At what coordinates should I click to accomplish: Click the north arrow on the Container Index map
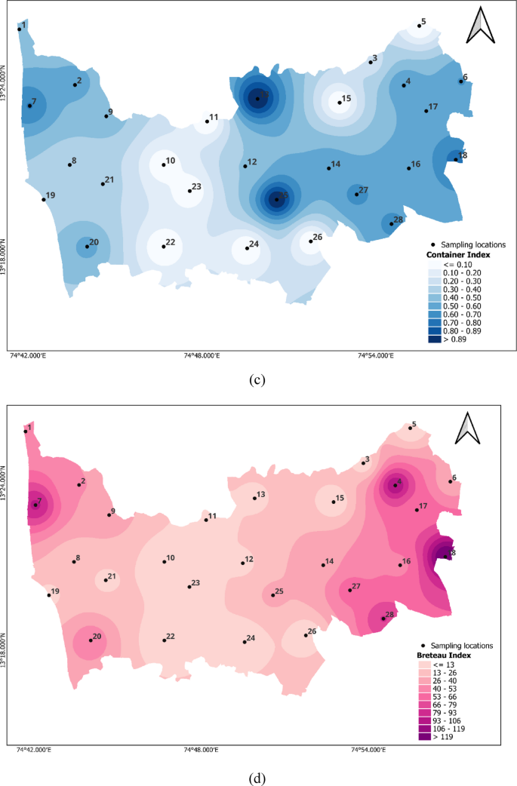(x=480, y=27)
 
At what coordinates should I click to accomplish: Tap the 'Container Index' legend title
(x=455, y=256)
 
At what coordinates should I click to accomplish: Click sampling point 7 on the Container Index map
(x=29, y=106)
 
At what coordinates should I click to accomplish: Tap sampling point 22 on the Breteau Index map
(x=165, y=640)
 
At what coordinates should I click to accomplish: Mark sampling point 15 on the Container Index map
(x=340, y=103)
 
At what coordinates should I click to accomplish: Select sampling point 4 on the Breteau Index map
(x=395, y=486)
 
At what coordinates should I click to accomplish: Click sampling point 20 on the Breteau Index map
(x=91, y=640)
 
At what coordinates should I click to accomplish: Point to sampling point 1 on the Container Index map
(x=20, y=29)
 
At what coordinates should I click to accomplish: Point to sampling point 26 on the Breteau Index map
(x=305, y=635)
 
